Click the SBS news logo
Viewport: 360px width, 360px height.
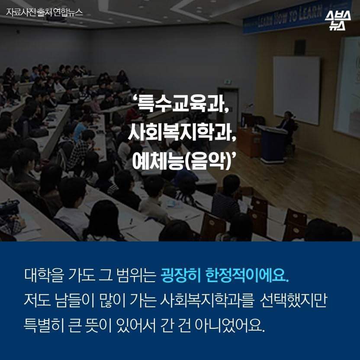click(337, 20)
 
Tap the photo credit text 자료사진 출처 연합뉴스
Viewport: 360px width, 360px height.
click(44, 13)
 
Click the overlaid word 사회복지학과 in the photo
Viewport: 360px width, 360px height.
click(182, 133)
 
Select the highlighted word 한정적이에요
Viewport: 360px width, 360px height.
click(247, 275)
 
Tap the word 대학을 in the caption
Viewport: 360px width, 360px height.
click(44, 275)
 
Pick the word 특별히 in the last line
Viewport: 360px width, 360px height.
click(43, 325)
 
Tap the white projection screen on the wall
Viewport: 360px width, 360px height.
click(296, 90)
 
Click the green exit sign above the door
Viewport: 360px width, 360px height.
click(228, 82)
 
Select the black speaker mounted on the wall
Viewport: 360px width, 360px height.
click(300, 48)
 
